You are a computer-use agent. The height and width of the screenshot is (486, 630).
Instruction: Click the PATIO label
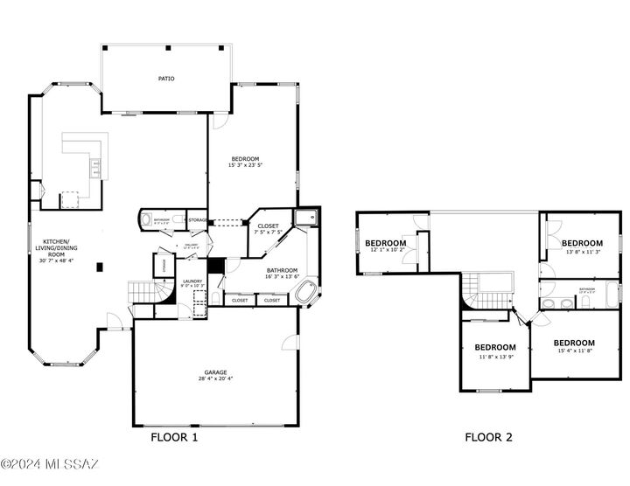(166, 79)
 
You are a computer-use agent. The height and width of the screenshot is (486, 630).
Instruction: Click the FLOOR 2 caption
(488, 438)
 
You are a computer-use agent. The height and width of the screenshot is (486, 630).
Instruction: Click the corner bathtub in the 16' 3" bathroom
(307, 295)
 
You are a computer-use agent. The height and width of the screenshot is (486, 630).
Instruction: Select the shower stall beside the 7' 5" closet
(306, 219)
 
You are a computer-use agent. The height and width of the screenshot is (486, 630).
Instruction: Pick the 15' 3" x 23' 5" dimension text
(245, 165)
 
